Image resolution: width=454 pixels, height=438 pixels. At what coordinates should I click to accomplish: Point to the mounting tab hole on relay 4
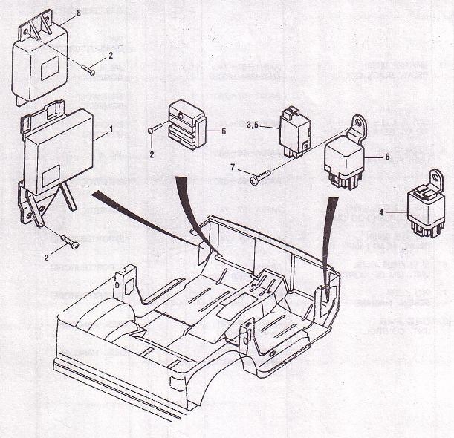pos(437,178)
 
